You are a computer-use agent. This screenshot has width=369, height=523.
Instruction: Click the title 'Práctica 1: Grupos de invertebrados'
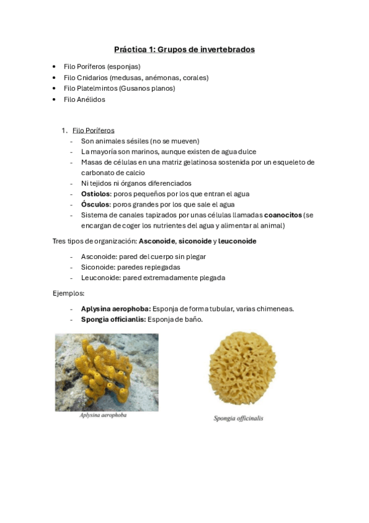point(184,49)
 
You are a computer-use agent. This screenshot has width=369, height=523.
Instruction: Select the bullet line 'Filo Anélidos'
point(84,99)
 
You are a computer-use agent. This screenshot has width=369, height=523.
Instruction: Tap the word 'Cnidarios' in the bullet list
point(94,77)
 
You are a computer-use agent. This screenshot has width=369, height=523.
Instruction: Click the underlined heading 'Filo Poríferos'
point(93,130)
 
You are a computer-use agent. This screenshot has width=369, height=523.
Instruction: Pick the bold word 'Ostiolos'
point(95,194)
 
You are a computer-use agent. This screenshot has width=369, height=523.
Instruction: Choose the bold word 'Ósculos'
point(95,204)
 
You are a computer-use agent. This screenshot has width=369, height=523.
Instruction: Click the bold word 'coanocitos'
point(283,215)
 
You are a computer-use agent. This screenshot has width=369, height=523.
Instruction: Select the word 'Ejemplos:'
point(68,294)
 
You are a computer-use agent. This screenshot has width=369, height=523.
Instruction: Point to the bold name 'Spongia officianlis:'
point(113,319)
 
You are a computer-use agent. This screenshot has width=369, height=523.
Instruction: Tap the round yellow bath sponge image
point(241,368)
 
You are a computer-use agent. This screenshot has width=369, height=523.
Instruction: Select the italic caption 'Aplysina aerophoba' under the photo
point(103,415)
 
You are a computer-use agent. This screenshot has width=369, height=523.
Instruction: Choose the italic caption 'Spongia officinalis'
point(238,418)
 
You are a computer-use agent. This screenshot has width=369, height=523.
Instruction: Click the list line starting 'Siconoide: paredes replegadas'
point(130,267)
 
